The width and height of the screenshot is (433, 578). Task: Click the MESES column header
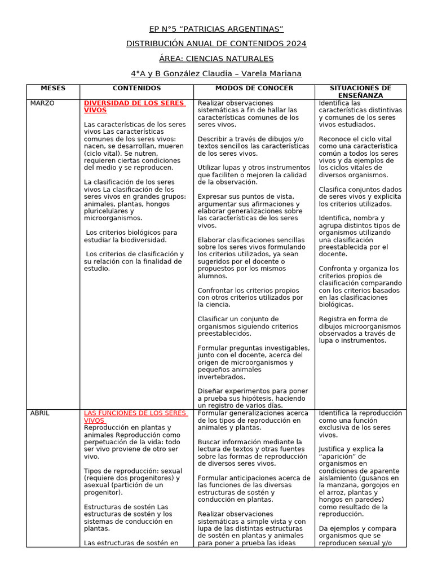(x=53, y=89)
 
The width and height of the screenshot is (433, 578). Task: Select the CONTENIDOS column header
(x=136, y=89)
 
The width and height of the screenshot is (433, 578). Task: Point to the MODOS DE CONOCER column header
(x=254, y=89)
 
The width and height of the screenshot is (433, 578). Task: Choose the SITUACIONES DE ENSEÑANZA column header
(x=360, y=92)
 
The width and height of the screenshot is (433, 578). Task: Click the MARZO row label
(x=42, y=103)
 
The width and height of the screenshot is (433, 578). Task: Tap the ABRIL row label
(x=39, y=413)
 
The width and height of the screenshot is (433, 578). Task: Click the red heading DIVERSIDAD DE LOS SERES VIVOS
(x=134, y=107)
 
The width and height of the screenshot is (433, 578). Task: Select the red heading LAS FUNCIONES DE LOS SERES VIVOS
(x=135, y=417)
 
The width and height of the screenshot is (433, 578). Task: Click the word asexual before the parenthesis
(x=98, y=485)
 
